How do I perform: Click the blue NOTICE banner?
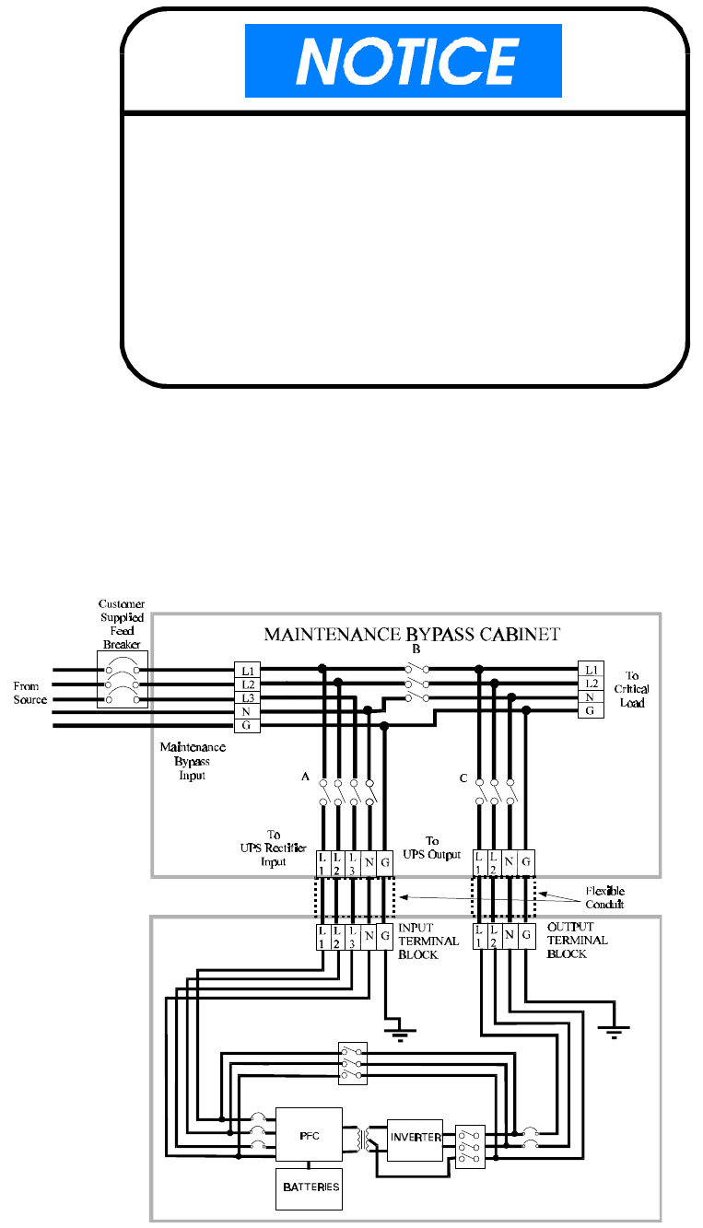[403, 61]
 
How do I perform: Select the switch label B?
[416, 649]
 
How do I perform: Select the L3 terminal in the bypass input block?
[247, 698]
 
